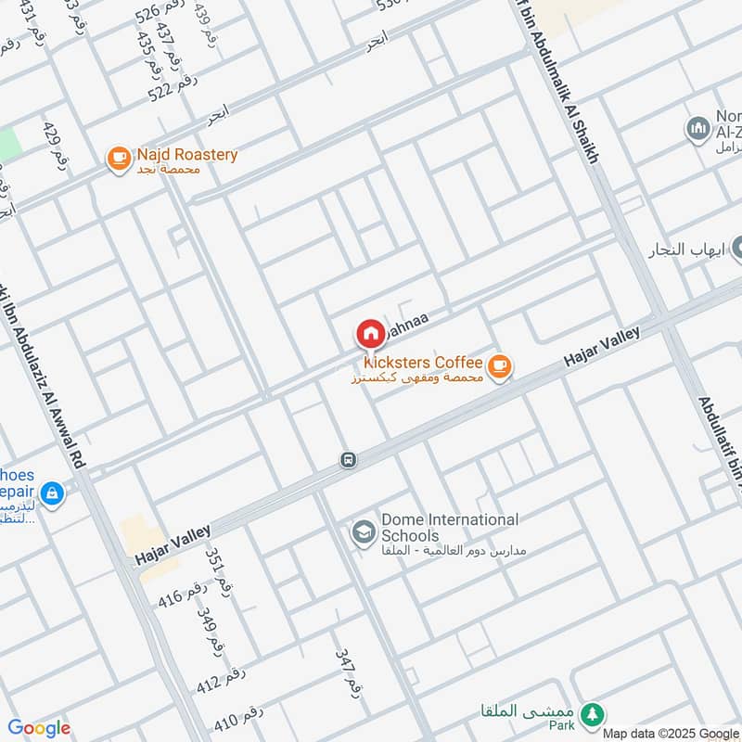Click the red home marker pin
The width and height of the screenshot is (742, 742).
tap(369, 335)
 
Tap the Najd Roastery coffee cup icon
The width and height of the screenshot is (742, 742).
tap(119, 159)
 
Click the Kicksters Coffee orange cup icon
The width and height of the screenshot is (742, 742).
tap(500, 367)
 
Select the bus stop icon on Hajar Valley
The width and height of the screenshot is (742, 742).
tap(348, 460)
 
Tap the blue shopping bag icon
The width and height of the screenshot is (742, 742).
tap(52, 492)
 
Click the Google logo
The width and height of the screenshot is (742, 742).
tap(39, 729)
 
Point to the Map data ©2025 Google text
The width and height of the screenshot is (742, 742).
tap(671, 733)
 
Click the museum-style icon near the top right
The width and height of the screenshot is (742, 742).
tap(698, 128)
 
